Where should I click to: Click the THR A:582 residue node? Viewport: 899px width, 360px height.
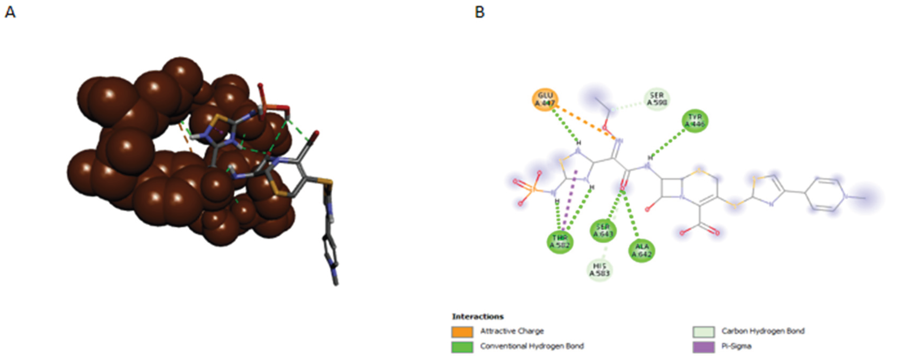pyautogui.click(x=560, y=241)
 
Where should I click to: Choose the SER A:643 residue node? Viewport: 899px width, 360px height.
pyautogui.click(x=603, y=231)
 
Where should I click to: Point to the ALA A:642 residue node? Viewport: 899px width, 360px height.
pyautogui.click(x=641, y=251)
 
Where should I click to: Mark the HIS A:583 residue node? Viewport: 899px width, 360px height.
pyautogui.click(x=600, y=270)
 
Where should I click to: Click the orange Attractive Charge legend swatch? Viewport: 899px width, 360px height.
pyautogui.click(x=462, y=331)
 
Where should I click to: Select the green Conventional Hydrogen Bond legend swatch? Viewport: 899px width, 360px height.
pyautogui.click(x=462, y=347)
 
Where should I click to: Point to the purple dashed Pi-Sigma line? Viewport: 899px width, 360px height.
pyautogui.click(x=569, y=201)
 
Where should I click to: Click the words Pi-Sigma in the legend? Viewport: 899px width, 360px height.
pyautogui.click(x=736, y=346)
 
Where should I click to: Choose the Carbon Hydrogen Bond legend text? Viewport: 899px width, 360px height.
pyautogui.click(x=763, y=331)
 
